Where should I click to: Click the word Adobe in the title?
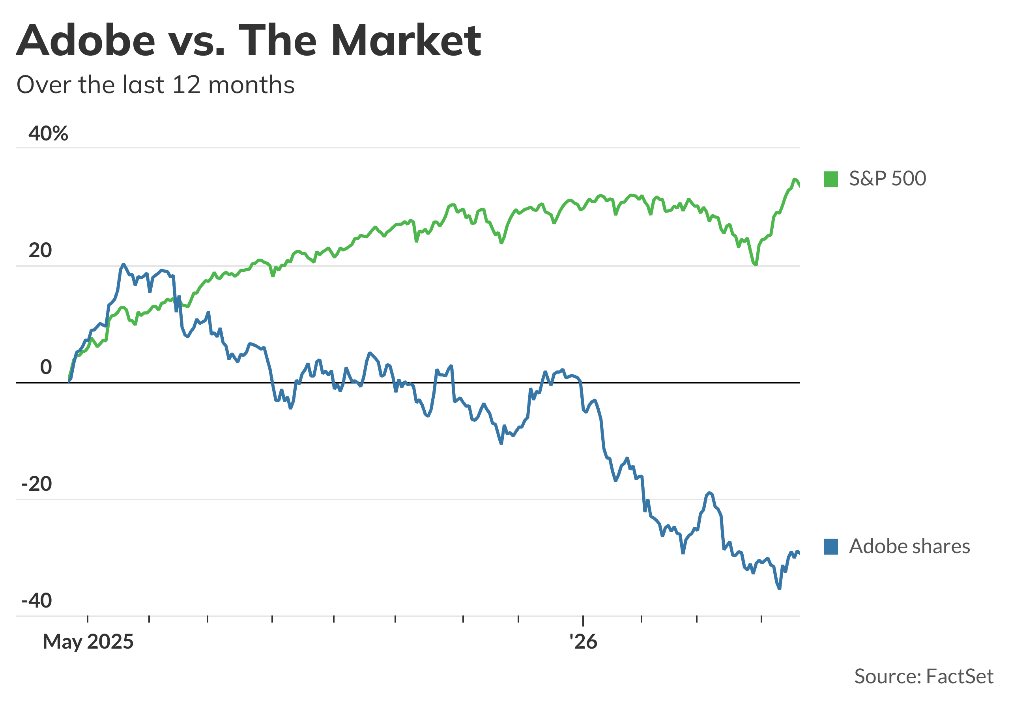tap(86, 41)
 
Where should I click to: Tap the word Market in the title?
tap(406, 41)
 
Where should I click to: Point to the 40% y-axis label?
tap(49, 133)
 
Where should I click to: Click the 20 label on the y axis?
tap(40, 251)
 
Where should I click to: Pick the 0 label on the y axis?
tap(46, 367)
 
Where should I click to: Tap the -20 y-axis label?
tap(37, 484)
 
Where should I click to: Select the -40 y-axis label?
tap(37, 601)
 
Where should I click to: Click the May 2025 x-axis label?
tap(88, 642)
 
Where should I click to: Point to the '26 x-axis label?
tap(583, 642)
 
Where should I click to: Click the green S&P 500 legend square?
tap(830, 179)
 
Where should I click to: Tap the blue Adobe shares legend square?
tap(830, 546)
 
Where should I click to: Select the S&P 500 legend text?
tap(887, 179)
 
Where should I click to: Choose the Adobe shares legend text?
tap(909, 546)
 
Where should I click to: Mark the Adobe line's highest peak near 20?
tap(123, 264)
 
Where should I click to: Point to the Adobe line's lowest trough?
tap(779, 589)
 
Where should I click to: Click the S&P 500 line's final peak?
tap(795, 179)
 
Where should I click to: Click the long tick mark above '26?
tap(583, 621)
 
